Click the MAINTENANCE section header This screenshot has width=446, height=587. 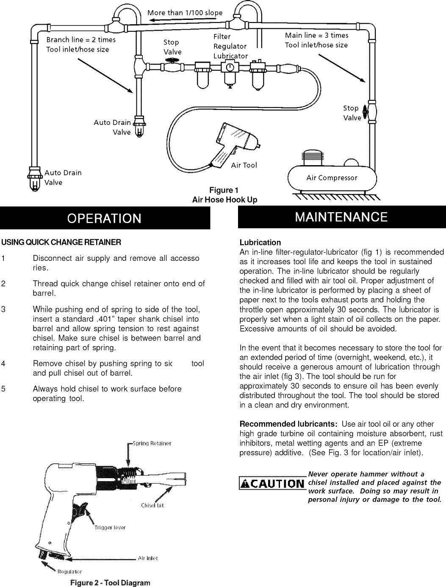point(341,217)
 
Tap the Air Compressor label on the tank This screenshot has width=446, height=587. point(332,178)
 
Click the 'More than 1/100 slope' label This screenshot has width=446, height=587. point(185,12)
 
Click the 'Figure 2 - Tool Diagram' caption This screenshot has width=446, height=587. point(110,582)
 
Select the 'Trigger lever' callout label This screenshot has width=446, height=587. point(110,527)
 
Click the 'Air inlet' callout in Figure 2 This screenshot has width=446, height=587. point(148,558)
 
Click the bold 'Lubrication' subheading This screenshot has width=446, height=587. point(260,243)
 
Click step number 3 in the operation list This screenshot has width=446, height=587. point(3,310)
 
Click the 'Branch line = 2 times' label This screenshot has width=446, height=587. point(80,40)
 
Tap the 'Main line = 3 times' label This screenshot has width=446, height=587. point(316,35)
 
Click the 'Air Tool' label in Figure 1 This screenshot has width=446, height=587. point(244,165)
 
